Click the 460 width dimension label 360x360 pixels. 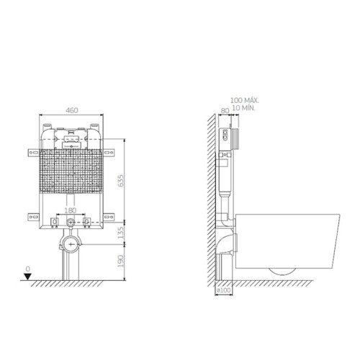[72, 110]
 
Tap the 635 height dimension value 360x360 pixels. [121, 181]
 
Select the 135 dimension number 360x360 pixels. [121, 233]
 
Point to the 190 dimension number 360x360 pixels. [121, 261]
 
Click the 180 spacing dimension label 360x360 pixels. [71, 210]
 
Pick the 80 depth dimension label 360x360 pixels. [225, 111]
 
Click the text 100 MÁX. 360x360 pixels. [245, 100]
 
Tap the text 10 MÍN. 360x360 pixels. [244, 108]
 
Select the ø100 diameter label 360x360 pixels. [224, 290]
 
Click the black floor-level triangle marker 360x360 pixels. [28, 276]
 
